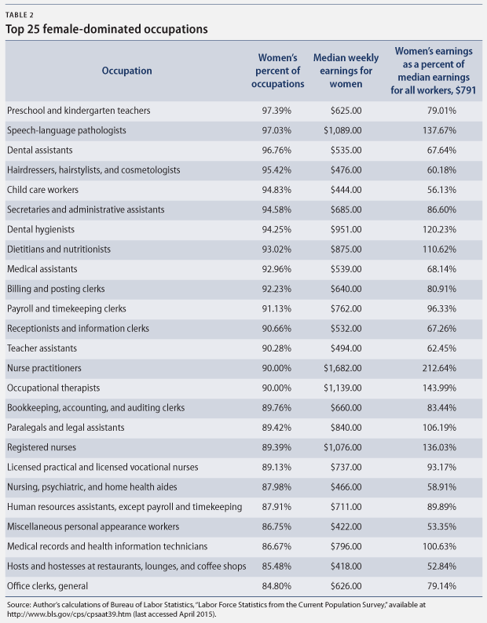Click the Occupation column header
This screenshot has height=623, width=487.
click(x=126, y=71)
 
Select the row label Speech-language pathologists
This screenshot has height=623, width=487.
click(x=67, y=130)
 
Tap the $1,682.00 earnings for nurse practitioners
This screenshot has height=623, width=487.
click(x=342, y=368)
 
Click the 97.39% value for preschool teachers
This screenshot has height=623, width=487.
click(x=276, y=111)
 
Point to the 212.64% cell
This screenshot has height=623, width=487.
click(x=439, y=368)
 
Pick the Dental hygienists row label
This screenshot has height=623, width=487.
click(x=41, y=230)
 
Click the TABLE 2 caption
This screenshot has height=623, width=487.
click(x=20, y=15)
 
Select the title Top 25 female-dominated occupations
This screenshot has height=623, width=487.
click(x=107, y=29)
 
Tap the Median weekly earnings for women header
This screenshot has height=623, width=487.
click(x=346, y=71)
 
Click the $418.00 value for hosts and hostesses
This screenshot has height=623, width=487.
click(x=346, y=567)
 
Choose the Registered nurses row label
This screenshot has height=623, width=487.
click(x=42, y=447)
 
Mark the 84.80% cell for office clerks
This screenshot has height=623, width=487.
click(x=276, y=586)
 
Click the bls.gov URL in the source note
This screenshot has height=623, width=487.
click(x=69, y=614)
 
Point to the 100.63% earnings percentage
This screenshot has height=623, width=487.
click(x=439, y=546)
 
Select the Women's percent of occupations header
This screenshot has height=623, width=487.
click(x=278, y=71)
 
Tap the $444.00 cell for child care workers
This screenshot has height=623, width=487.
click(x=346, y=190)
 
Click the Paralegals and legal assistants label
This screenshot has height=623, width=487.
click(x=66, y=428)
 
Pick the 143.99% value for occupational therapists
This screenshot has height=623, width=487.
click(x=439, y=388)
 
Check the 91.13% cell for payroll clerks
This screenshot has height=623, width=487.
click(x=276, y=308)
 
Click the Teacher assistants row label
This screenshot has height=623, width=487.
click(x=42, y=348)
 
